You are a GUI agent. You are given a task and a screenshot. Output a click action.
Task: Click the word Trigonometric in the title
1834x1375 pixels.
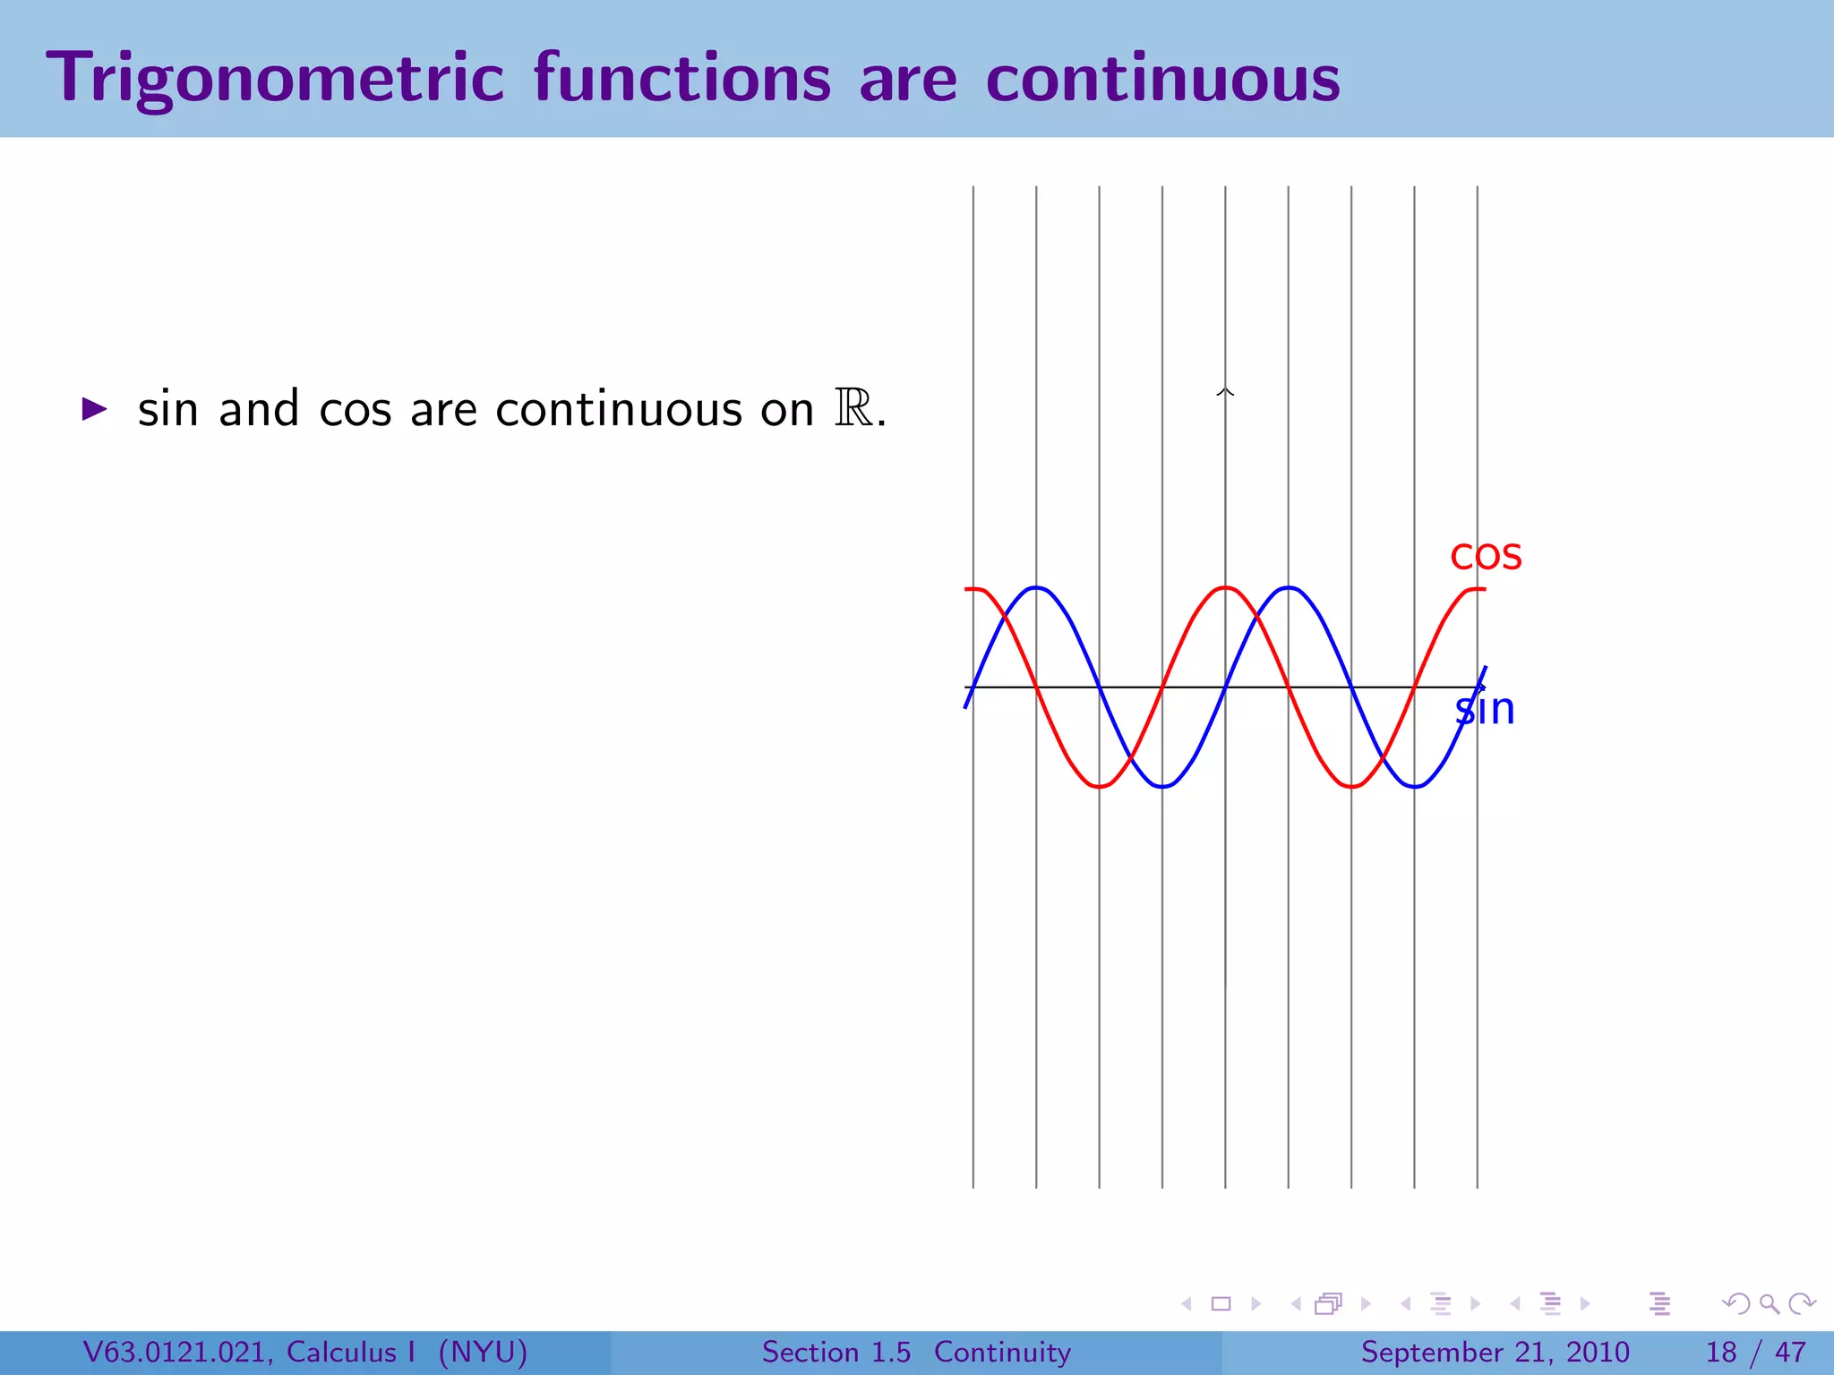click(276, 79)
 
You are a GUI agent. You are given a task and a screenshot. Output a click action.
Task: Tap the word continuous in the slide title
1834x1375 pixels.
click(1162, 79)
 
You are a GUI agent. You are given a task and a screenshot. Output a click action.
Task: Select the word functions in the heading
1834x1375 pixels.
click(682, 79)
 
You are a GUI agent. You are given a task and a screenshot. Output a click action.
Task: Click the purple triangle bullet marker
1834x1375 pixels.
click(94, 410)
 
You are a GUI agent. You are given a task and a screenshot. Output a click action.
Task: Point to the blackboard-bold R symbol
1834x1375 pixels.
click(853, 409)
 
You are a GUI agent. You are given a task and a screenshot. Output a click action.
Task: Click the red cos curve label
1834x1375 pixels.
click(1486, 556)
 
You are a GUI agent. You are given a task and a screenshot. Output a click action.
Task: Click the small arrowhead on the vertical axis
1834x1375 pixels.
click(1225, 391)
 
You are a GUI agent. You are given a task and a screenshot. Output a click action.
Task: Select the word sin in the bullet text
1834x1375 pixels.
click(167, 410)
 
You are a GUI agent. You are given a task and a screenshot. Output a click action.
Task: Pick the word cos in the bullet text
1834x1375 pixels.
click(355, 410)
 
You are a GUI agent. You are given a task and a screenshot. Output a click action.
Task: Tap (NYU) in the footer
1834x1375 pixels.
click(483, 1352)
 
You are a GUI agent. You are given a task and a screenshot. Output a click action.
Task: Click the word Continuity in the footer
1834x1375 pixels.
click(1002, 1352)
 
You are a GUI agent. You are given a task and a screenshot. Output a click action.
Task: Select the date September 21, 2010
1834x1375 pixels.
click(1495, 1352)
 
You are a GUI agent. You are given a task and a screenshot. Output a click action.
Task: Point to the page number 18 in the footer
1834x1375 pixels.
click(1721, 1352)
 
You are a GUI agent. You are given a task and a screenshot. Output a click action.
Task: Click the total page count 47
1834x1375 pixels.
click(1790, 1352)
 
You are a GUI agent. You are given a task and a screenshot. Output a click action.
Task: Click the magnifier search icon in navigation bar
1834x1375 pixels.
click(1769, 1303)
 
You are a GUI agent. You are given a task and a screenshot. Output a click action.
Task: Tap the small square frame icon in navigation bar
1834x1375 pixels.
click(1221, 1303)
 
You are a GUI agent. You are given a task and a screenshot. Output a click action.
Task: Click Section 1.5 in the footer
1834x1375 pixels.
click(836, 1352)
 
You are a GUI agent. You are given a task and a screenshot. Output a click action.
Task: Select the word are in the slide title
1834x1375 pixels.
click(908, 79)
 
